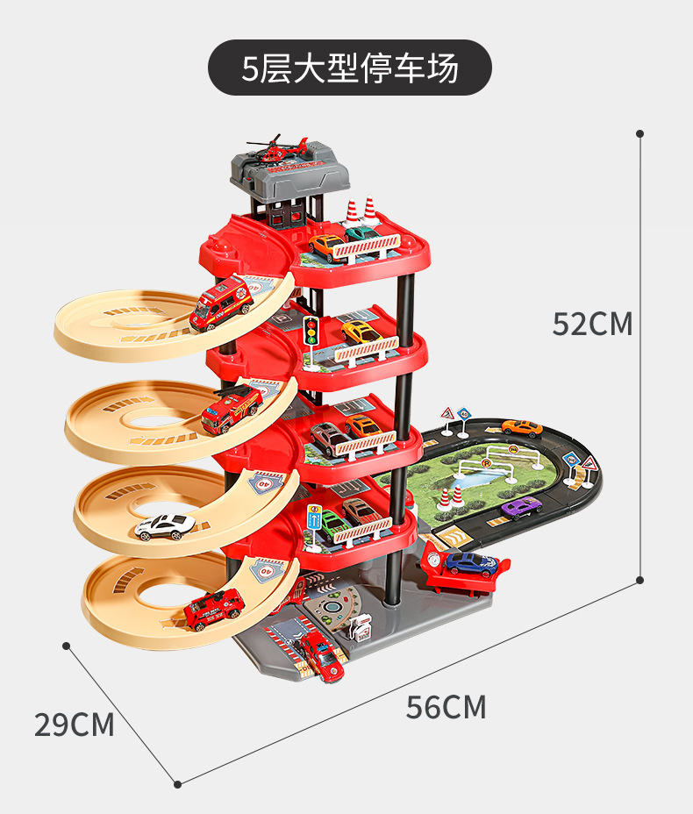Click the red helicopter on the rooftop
click(278, 148)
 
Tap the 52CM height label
click(592, 324)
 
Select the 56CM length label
click(446, 707)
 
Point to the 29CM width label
click(75, 725)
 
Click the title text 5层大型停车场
click(350, 68)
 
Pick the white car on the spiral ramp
click(165, 526)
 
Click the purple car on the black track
click(521, 507)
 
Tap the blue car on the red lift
click(471, 564)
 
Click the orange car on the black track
click(522, 428)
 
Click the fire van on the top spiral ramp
click(220, 303)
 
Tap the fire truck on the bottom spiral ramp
click(213, 609)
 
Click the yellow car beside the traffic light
click(361, 332)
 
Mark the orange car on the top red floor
click(327, 247)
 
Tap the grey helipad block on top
click(289, 174)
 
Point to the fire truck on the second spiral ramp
click(232, 409)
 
